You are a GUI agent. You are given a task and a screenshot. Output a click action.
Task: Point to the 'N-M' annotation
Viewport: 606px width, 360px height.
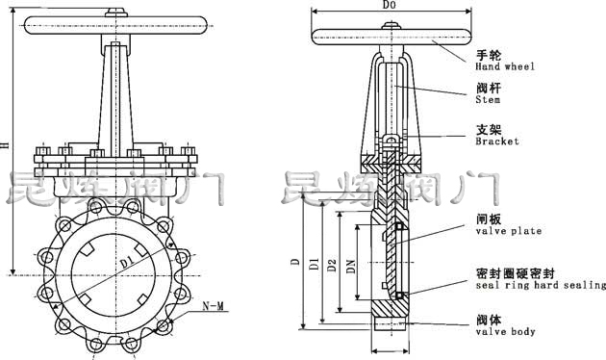tap(214, 306)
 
